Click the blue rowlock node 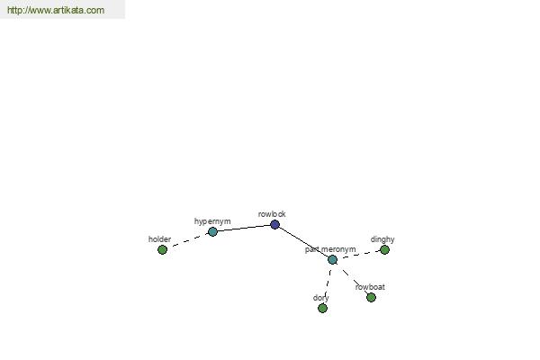(274, 225)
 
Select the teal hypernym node (212, 231)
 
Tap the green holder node (162, 249)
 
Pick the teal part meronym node (332, 260)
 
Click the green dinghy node (384, 249)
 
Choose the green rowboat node (371, 297)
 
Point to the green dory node (322, 308)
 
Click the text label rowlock (272, 214)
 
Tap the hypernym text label (212, 221)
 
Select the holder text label (159, 239)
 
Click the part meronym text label (330, 249)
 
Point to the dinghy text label (382, 239)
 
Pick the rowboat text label (370, 287)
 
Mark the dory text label (321, 298)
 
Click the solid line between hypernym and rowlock (244, 228)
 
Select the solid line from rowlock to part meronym (303, 242)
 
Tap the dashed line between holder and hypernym (188, 240)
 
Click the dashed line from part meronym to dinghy (358, 255)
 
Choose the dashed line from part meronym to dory (328, 283)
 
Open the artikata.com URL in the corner (56, 10)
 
